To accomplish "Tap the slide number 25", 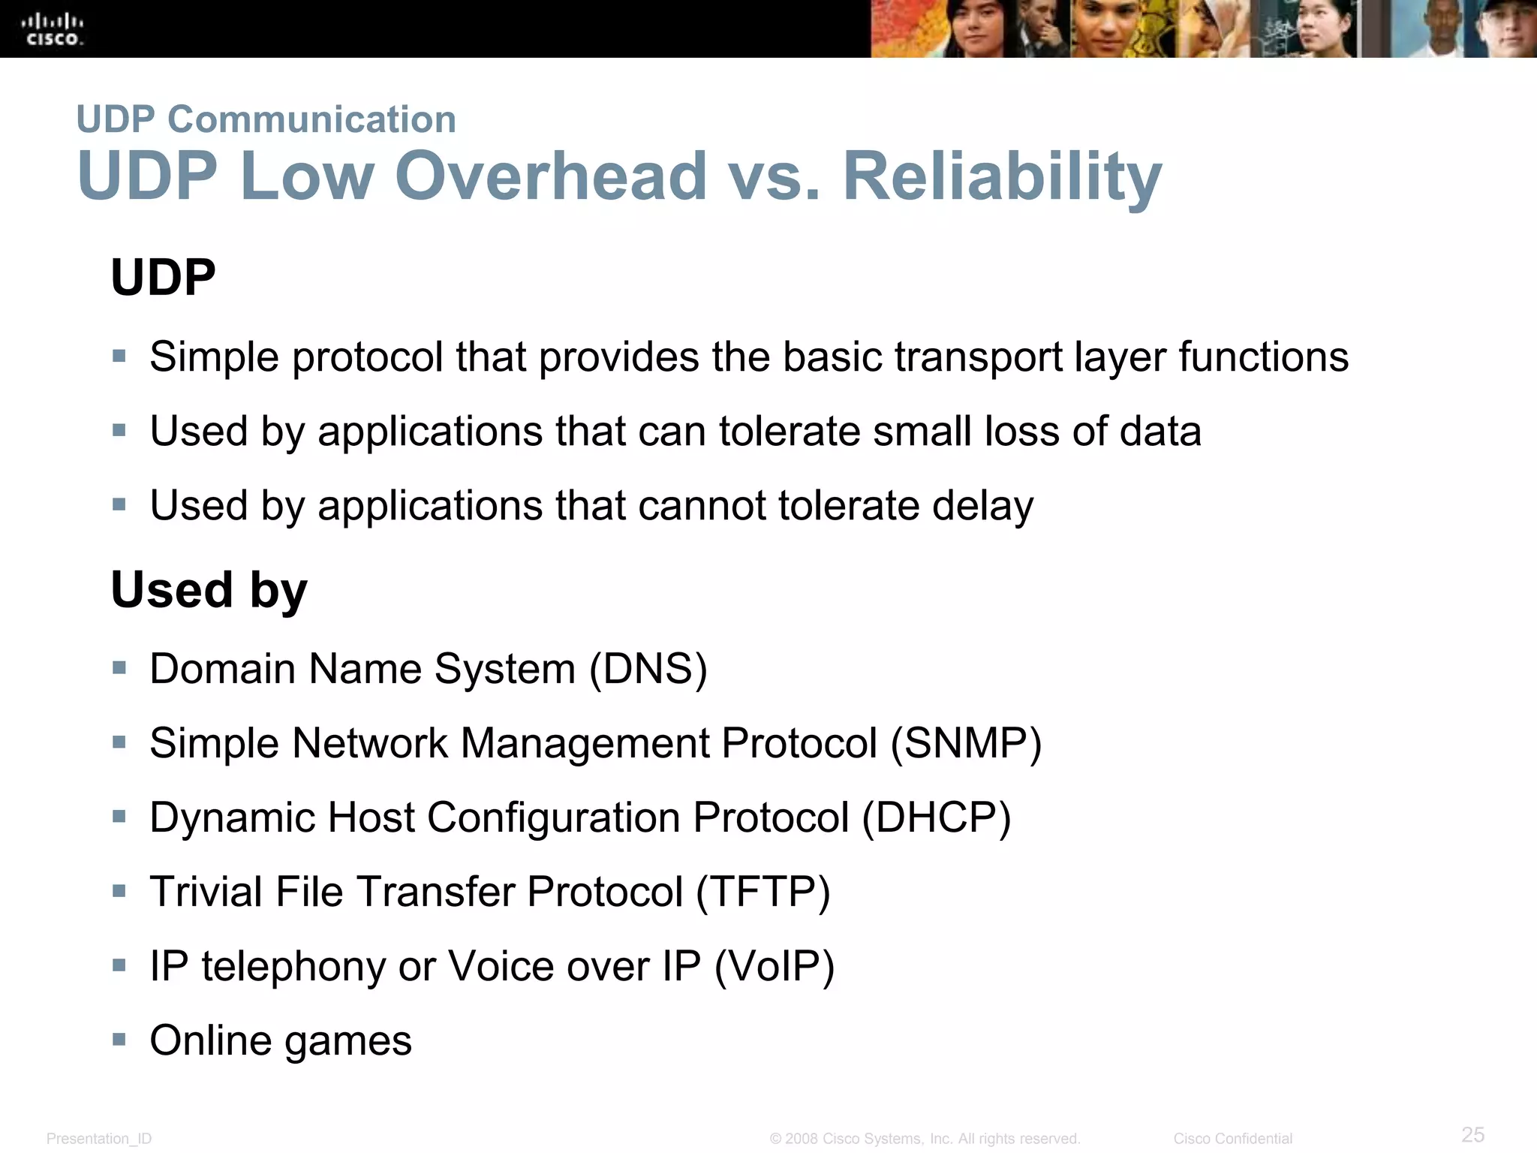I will click(x=1472, y=1134).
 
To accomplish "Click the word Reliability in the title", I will click(x=1003, y=176).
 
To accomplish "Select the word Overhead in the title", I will click(x=551, y=176).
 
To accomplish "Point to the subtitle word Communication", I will click(x=311, y=120).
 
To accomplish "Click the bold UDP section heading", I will click(x=163, y=278).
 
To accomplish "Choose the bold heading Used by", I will click(x=209, y=590).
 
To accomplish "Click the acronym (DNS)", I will click(x=648, y=669).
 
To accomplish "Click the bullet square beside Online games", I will click(x=119, y=1040).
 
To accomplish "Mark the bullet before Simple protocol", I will click(x=119, y=356).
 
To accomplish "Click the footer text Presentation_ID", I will click(x=99, y=1139).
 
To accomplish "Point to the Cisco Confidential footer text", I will click(x=1232, y=1139).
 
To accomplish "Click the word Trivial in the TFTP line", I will click(x=206, y=892).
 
